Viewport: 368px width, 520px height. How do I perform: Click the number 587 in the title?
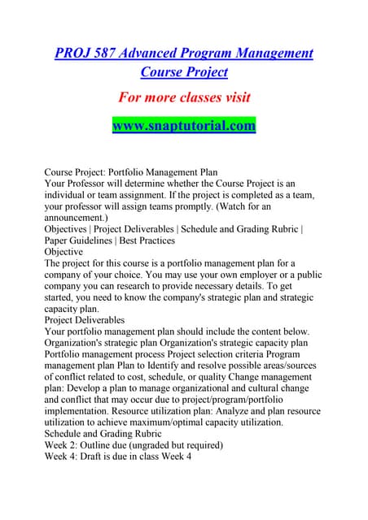(103, 53)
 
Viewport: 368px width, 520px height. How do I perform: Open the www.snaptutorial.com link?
(183, 126)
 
